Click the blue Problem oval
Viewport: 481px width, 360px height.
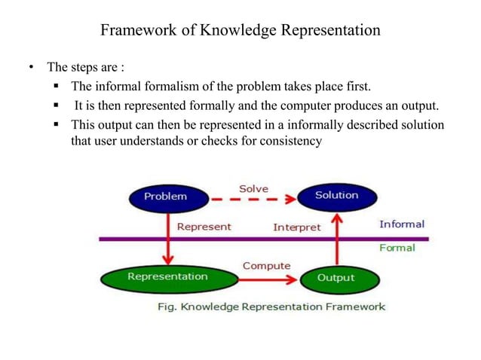pos(165,197)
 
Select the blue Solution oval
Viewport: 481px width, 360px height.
pos(336,197)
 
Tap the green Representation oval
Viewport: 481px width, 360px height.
pos(167,277)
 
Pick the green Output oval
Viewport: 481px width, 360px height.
pos(335,279)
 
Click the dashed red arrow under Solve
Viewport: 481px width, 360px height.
pos(252,200)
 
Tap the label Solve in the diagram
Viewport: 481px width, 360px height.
pos(253,188)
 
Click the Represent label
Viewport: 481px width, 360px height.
pos(204,226)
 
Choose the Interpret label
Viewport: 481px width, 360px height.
pos(296,227)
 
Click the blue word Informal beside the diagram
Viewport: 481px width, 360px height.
pos(401,224)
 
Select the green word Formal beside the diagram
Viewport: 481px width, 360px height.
pos(397,248)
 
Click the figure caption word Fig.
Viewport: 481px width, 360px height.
pos(167,307)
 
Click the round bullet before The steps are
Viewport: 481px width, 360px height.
pos(32,70)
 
